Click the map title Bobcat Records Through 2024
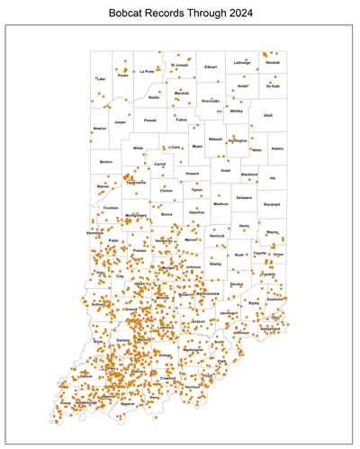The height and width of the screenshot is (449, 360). [180, 14]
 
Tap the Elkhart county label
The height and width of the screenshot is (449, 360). [211, 67]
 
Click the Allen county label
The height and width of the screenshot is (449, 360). [267, 115]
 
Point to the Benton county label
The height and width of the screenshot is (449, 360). [106, 162]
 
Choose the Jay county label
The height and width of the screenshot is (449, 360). [273, 178]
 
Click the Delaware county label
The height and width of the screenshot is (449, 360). [244, 196]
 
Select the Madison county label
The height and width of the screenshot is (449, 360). [220, 204]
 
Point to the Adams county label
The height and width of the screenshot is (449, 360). [277, 148]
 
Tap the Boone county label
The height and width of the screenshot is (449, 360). [166, 214]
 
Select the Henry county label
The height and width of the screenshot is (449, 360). [244, 226]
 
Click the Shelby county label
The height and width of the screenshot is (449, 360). [216, 264]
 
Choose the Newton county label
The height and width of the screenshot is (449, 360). [99, 129]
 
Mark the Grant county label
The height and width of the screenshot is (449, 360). [226, 169]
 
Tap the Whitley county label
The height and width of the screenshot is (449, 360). [237, 112]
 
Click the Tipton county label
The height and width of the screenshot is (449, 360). [196, 190]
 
